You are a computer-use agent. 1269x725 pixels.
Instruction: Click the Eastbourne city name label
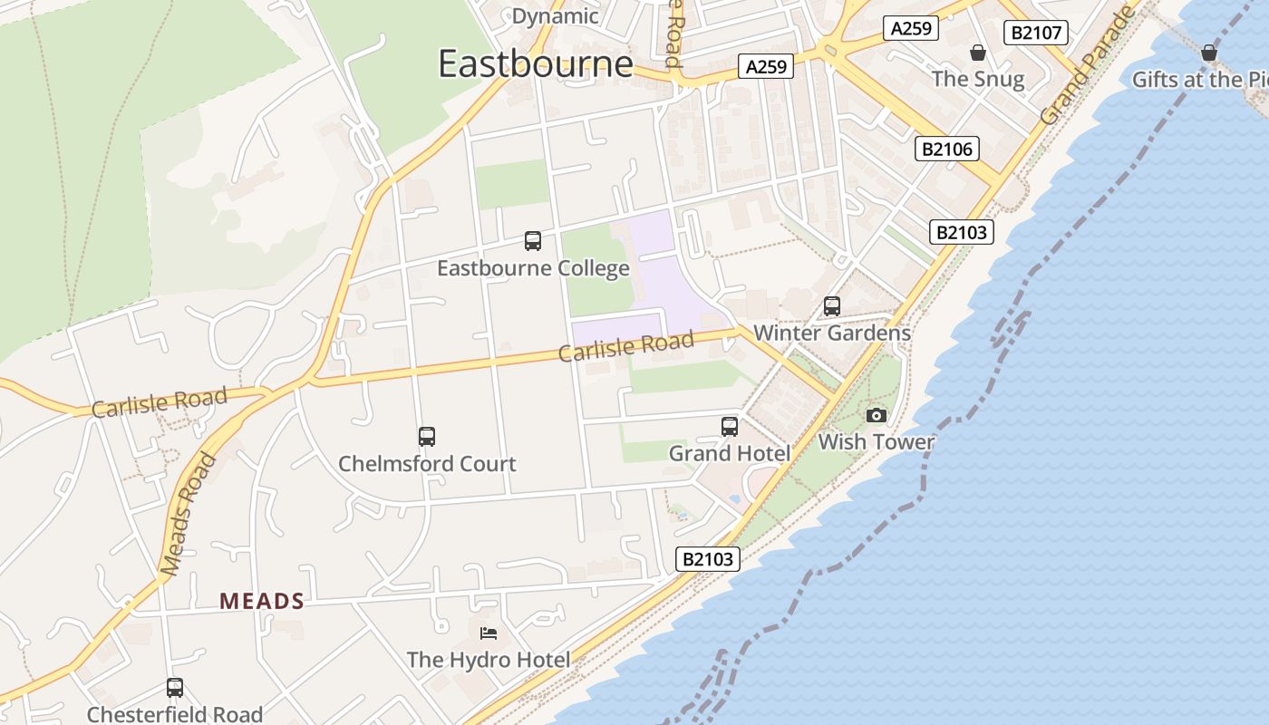[535, 64]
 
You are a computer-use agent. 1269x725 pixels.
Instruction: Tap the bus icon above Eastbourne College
[533, 241]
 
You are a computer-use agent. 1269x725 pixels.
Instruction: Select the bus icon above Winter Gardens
[832, 306]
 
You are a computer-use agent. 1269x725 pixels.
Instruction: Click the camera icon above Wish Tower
[876, 415]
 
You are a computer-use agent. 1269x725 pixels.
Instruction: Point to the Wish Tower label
[876, 442]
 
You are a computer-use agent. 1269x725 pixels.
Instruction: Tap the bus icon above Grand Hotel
[730, 426]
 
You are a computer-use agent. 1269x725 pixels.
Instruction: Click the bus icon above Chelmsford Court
[427, 437]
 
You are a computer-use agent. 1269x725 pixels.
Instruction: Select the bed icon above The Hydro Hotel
[489, 633]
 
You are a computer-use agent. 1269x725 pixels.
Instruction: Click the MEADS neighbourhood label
[262, 601]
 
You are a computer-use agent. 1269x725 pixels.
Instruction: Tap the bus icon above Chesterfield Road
[175, 688]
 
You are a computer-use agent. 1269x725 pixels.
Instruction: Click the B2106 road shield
[946, 149]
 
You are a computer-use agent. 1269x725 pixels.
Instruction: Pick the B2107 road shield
[1036, 34]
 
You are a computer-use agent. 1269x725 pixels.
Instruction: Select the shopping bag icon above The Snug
[978, 53]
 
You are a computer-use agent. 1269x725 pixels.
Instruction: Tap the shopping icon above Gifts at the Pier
[1208, 53]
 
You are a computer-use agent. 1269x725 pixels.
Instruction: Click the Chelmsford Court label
[427, 464]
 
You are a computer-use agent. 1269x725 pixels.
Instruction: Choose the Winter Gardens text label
[831, 333]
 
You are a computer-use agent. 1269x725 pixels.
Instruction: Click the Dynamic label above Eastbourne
[555, 16]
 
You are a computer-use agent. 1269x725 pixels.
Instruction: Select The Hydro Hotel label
[489, 660]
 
